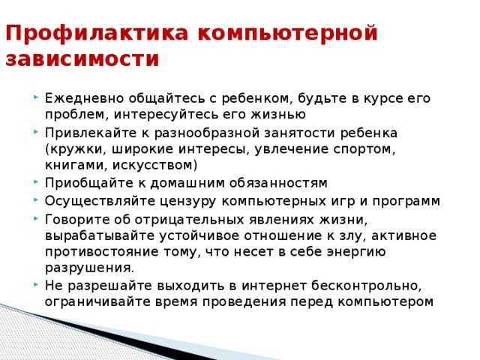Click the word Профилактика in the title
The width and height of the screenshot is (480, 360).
97,34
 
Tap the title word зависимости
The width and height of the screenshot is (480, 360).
82,58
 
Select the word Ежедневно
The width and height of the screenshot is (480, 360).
85,99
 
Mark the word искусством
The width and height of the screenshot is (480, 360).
155,166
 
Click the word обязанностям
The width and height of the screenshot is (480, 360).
278,183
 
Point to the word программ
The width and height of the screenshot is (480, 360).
406,202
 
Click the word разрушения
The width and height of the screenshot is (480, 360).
89,268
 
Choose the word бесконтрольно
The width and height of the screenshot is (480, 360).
366,286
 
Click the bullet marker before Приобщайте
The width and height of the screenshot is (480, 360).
36,182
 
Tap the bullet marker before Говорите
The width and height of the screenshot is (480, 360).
36,218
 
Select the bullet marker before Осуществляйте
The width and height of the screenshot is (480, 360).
36,200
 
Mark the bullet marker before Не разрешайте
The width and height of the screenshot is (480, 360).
36,285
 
